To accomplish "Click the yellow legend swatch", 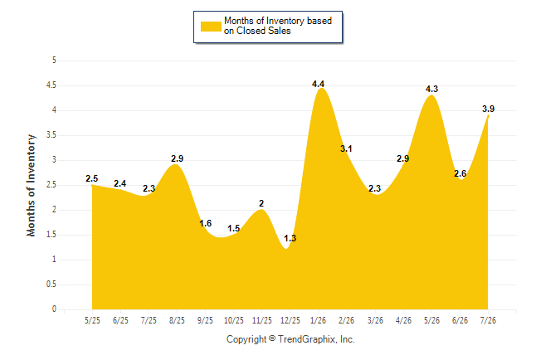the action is pos(211,27).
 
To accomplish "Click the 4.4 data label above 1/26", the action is pos(318,84).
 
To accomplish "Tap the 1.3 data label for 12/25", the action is pos(290,238).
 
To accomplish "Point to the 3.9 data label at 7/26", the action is pos(488,109).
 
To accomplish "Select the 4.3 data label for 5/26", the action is pos(431,89).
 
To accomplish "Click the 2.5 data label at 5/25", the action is pos(91,178).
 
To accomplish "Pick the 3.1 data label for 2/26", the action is pos(346,148).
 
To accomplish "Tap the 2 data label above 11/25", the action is pos(261,203).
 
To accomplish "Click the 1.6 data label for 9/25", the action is pos(206,223).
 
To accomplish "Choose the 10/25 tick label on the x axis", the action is pos(233,320).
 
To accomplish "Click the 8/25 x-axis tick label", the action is pos(177,320).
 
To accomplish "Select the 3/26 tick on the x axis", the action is pos(375,320).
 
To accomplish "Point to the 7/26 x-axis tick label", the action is pos(488,320).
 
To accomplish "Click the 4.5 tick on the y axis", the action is pos(51,85).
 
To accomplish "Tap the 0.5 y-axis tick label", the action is pos(51,285).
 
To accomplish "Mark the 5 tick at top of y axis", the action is pos(54,61).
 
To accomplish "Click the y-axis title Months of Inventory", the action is pos(31,185).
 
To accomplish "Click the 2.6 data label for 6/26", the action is pos(460,173).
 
